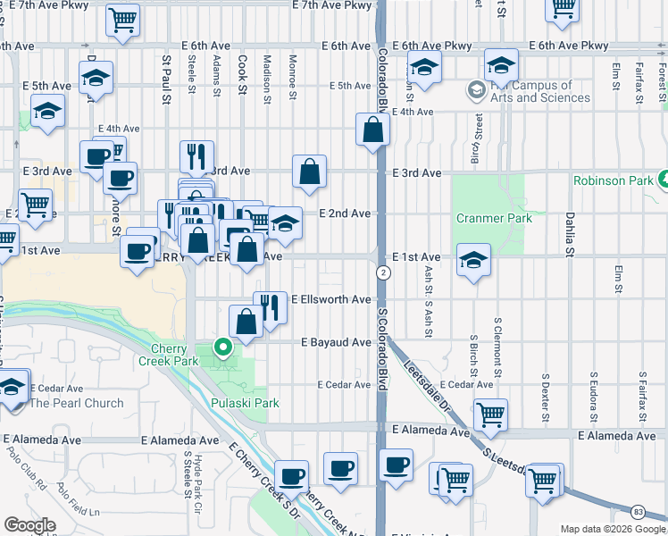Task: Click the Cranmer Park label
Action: pyautogui.click(x=494, y=218)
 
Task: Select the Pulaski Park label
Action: pyautogui.click(x=245, y=403)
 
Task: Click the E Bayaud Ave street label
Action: pyautogui.click(x=336, y=342)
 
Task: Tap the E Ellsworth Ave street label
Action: pyautogui.click(x=330, y=299)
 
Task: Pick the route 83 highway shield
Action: pyautogui.click(x=638, y=511)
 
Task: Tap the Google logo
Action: pyautogui.click(x=30, y=525)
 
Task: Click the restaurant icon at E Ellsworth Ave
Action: pyautogui.click(x=271, y=307)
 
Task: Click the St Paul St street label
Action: pyautogui.click(x=166, y=73)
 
